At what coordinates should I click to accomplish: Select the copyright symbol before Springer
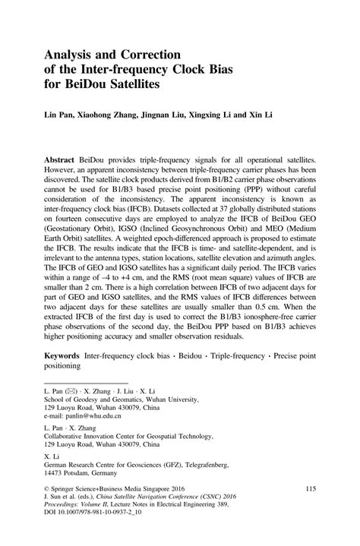pos(47,509)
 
